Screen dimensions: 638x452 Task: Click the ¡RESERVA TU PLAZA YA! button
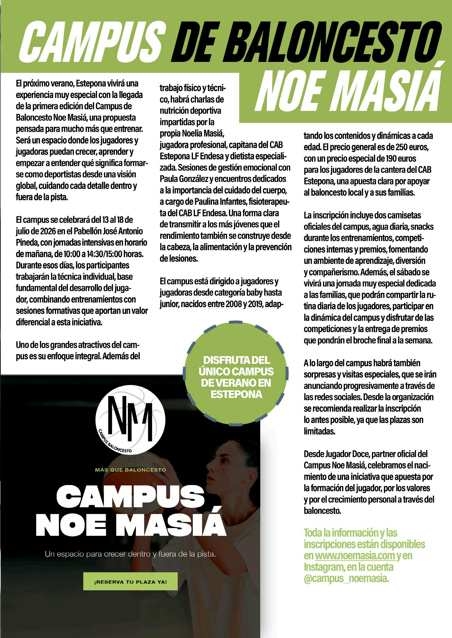[x=130, y=581]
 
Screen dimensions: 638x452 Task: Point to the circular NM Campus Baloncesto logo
[x=130, y=420]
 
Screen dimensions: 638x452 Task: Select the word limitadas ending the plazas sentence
[x=319, y=431]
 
